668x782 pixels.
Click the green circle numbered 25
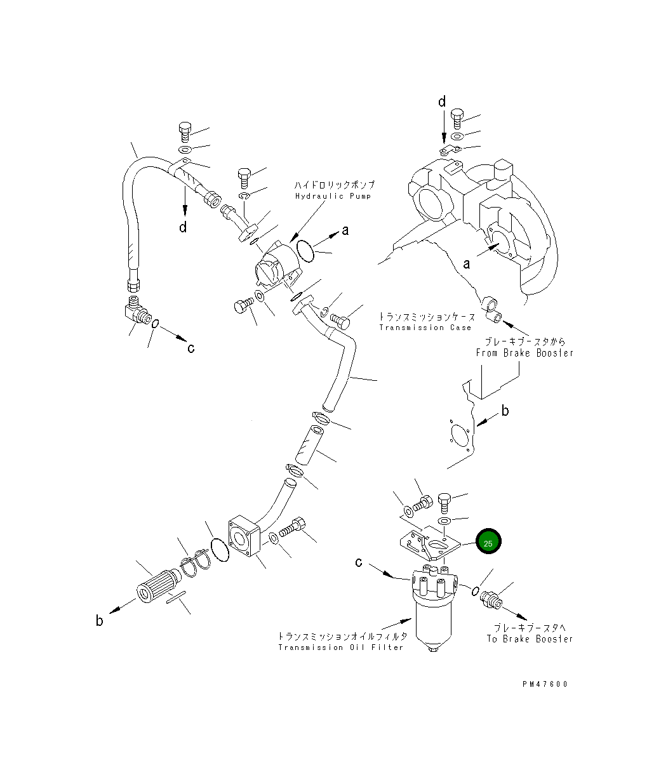coord(488,543)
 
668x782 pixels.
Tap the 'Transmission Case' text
coord(425,328)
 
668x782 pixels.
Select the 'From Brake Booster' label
coord(524,353)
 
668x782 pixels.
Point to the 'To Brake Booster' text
coord(530,639)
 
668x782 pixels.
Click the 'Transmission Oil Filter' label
coord(341,647)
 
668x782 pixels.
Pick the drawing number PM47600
coord(545,684)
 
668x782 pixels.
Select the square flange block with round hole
coord(244,540)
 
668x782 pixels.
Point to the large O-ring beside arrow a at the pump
coord(305,251)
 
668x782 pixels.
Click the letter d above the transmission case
coord(443,102)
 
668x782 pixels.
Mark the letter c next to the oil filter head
coord(359,562)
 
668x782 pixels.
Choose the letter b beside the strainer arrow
coord(100,621)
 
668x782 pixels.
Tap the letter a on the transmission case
coord(467,263)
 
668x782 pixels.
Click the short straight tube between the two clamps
coord(307,447)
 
